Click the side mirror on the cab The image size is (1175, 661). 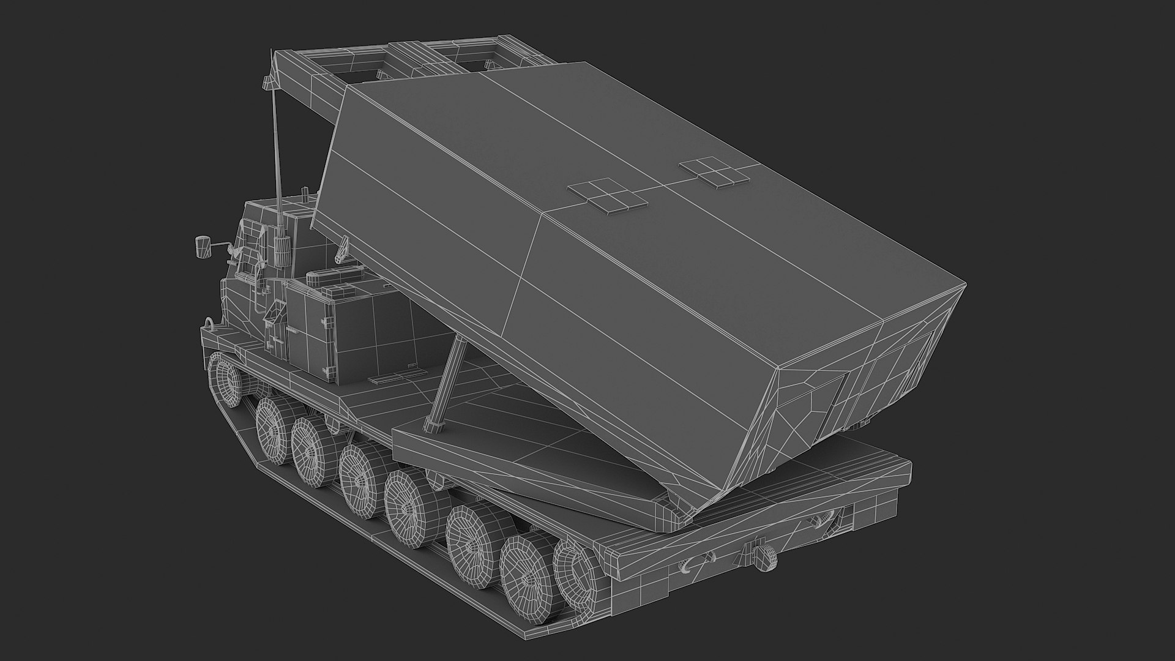200,245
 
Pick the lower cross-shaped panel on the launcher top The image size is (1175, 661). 608,196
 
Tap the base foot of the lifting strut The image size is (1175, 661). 433,425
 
